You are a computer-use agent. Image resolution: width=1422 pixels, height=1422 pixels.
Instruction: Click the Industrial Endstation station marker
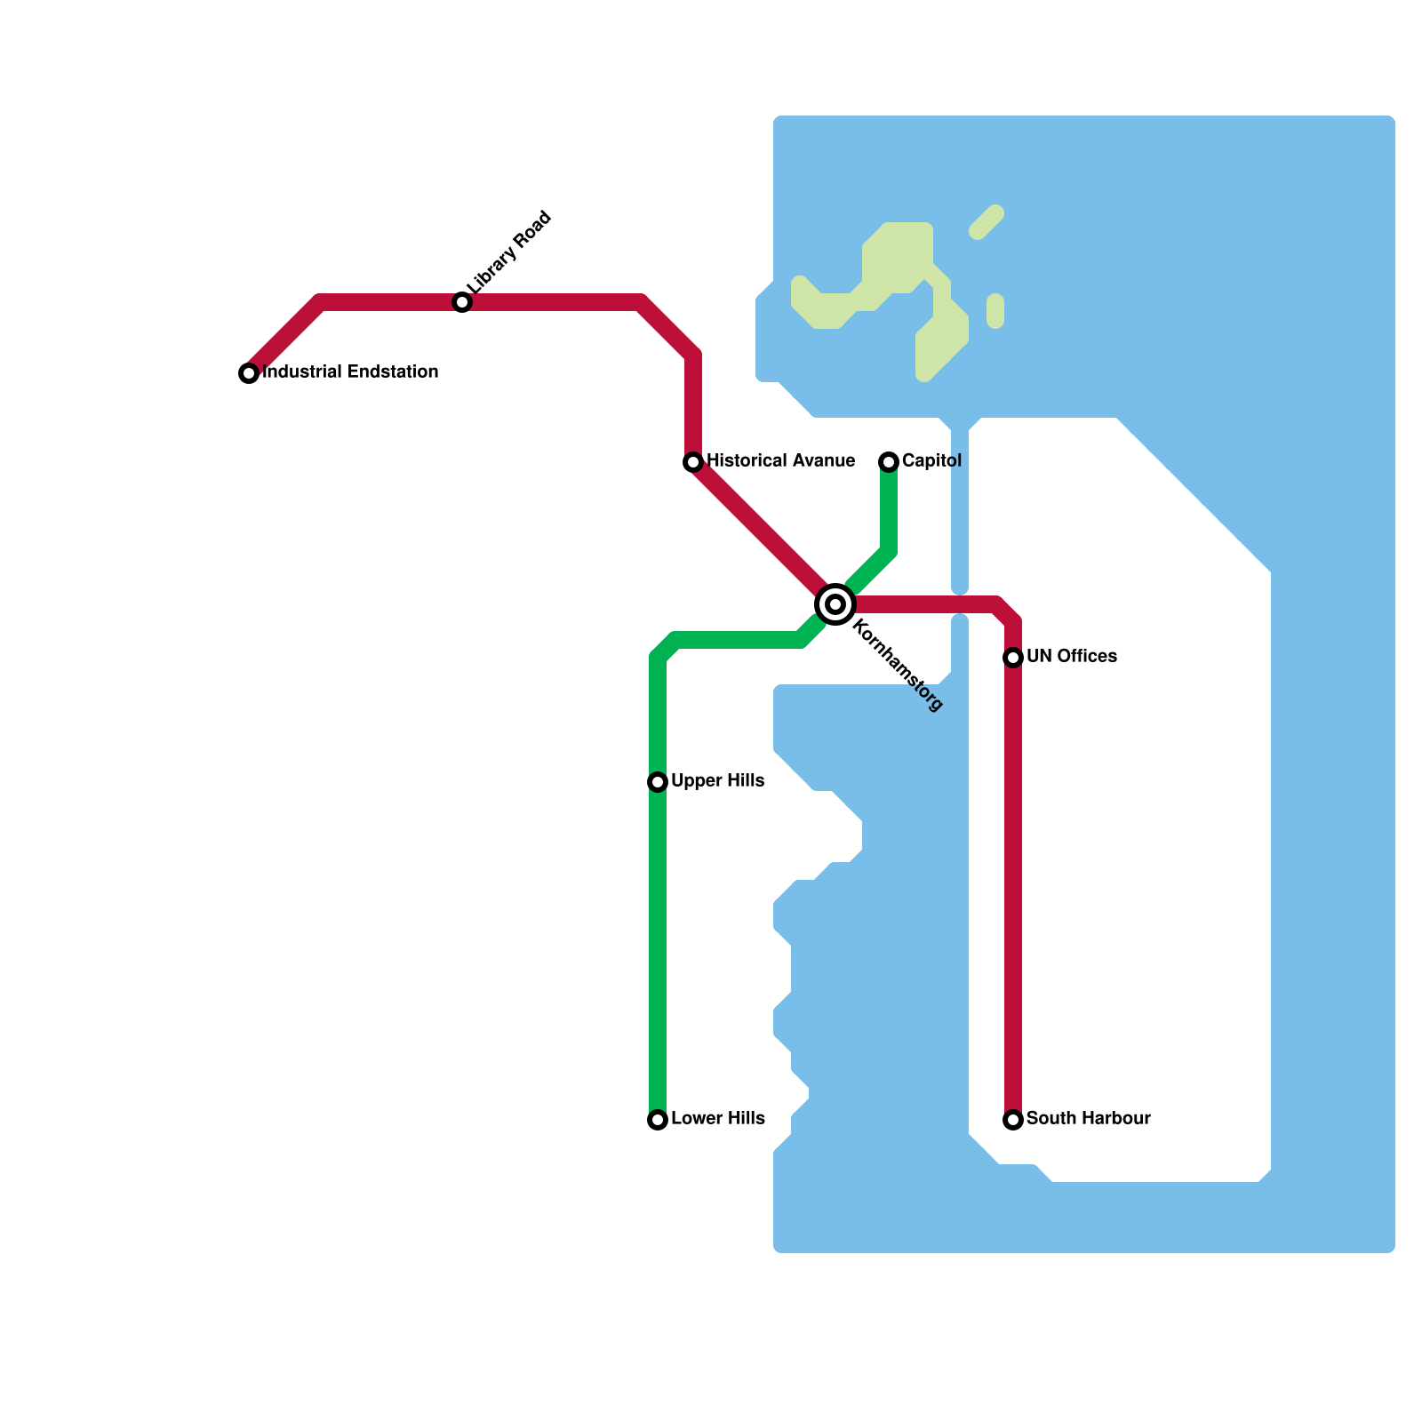[x=249, y=373]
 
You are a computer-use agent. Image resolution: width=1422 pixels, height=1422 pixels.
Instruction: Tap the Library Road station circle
[x=462, y=302]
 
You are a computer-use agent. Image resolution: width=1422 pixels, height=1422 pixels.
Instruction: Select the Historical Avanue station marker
[x=693, y=462]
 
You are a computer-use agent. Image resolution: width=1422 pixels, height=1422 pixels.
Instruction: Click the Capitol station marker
[x=889, y=462]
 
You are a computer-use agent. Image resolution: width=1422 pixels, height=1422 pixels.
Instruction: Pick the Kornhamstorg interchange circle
[x=835, y=604]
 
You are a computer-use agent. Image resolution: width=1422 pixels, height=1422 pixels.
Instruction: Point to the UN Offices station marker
[x=1013, y=658]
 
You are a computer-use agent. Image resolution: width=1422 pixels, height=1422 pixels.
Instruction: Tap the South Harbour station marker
[x=1013, y=1120]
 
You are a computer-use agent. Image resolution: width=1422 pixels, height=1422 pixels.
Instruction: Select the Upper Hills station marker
[x=658, y=782]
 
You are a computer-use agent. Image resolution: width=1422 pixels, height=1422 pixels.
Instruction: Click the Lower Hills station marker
[x=658, y=1120]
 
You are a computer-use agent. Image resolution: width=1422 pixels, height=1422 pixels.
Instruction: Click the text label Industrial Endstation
[x=351, y=372]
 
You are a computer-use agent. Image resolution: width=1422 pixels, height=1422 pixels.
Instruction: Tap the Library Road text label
[x=510, y=252]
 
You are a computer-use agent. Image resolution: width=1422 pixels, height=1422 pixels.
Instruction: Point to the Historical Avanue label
[x=780, y=461]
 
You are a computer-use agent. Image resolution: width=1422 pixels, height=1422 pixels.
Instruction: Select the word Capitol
[x=931, y=461]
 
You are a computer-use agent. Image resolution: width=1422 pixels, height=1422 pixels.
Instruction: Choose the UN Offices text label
[x=1071, y=657]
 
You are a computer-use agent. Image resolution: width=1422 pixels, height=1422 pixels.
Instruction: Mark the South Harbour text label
[x=1088, y=1119]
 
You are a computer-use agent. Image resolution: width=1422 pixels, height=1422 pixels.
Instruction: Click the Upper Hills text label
[x=717, y=781]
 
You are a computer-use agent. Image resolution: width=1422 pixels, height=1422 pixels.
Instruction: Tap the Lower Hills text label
[x=717, y=1119]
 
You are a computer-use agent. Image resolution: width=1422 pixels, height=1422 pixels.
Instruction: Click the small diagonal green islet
[x=987, y=222]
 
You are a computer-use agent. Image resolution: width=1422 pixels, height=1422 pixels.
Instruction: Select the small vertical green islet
[x=995, y=311]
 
